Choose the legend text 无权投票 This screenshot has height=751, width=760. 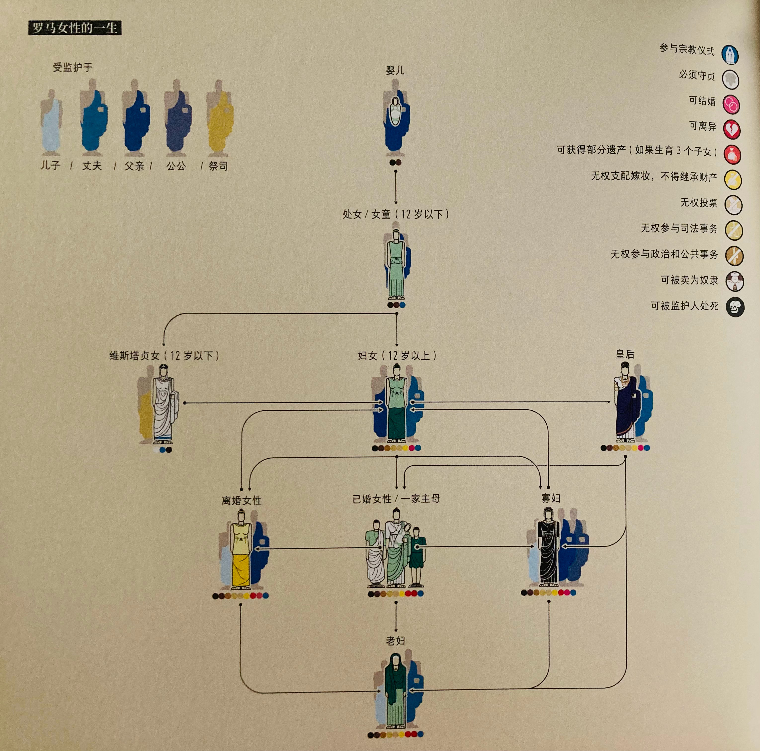[699, 203]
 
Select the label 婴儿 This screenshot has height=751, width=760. [395, 70]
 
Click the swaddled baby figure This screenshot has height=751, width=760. [395, 112]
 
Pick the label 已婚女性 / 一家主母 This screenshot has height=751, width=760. [396, 499]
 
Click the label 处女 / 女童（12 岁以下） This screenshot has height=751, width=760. [396, 214]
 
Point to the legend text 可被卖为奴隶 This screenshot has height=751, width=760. [689, 280]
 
